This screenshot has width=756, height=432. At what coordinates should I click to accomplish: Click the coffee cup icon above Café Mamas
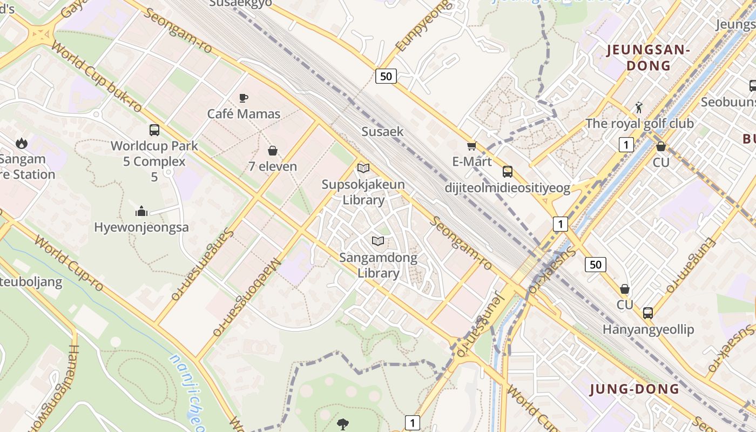click(244, 98)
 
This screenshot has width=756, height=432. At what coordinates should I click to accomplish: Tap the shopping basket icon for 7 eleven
click(273, 150)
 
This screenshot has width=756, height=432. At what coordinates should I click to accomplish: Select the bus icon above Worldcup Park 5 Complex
click(154, 130)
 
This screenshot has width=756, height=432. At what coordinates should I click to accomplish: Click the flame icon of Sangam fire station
click(22, 143)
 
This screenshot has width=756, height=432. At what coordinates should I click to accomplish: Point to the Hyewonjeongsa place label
click(141, 227)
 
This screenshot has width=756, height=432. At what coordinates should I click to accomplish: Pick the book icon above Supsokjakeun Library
click(363, 168)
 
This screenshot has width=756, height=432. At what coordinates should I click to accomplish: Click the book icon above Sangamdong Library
click(379, 241)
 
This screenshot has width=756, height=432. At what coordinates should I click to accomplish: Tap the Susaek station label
click(382, 131)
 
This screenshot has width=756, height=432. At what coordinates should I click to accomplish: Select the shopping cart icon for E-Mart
click(472, 146)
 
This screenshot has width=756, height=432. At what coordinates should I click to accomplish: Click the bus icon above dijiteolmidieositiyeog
click(508, 172)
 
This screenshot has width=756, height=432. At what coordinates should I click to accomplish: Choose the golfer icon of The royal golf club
click(639, 107)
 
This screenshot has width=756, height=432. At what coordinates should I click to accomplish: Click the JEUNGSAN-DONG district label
click(649, 58)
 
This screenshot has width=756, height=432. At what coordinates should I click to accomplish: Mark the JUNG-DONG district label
click(634, 389)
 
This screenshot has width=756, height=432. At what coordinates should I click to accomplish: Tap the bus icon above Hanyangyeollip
click(648, 313)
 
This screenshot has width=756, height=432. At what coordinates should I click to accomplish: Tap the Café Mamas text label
click(244, 114)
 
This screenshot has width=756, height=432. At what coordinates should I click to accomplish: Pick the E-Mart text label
click(472, 161)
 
